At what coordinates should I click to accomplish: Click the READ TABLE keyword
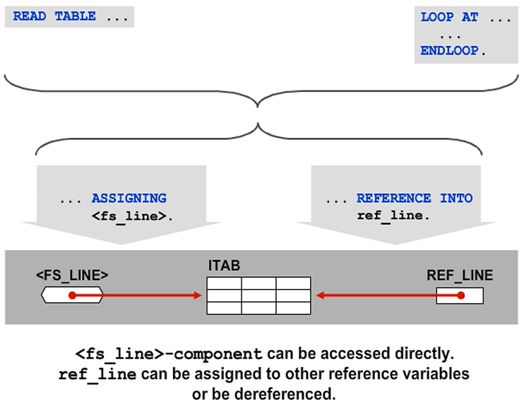pyautogui.click(x=54, y=16)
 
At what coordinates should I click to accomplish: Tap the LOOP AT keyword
pyautogui.click(x=448, y=17)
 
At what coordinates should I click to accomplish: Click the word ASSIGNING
pyautogui.click(x=129, y=199)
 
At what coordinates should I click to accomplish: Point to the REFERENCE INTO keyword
pyautogui.click(x=415, y=199)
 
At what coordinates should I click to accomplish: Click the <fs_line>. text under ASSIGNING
pyautogui.click(x=132, y=215)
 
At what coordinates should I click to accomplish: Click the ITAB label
pyautogui.click(x=224, y=266)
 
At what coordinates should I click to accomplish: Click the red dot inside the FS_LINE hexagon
pyautogui.click(x=71, y=295)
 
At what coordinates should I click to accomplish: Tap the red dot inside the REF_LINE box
pyautogui.click(x=460, y=295)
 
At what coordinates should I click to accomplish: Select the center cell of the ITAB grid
pyautogui.click(x=258, y=296)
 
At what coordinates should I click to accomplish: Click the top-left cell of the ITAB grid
pyautogui.click(x=224, y=284)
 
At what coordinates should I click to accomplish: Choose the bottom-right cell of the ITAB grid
pyautogui.click(x=293, y=308)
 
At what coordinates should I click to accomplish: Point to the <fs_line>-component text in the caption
pyautogui.click(x=169, y=353)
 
